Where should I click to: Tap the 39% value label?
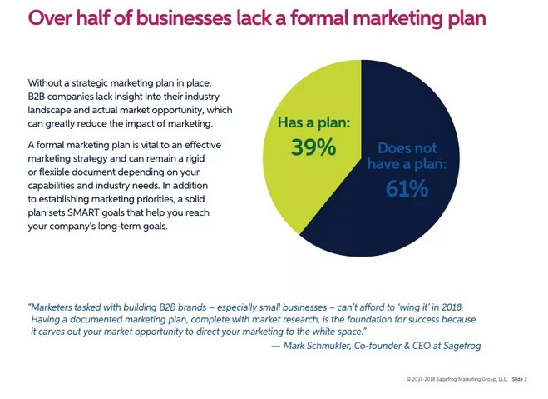313,147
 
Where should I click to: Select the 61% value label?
407,189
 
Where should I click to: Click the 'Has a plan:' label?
313,123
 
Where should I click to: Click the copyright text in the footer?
457,379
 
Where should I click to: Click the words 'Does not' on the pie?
407,148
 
